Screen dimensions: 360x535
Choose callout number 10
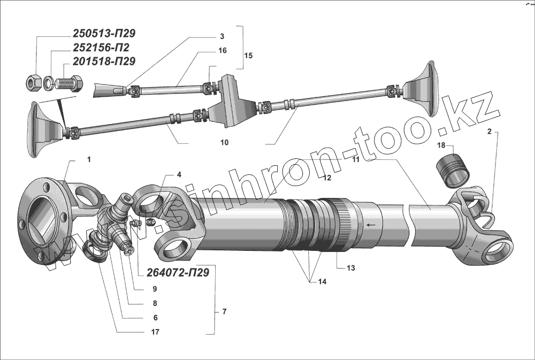click(224, 143)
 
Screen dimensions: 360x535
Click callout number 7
click(224, 311)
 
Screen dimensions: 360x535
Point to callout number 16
click(222, 50)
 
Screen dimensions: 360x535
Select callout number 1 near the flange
click(89, 159)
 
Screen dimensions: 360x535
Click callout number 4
click(179, 174)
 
